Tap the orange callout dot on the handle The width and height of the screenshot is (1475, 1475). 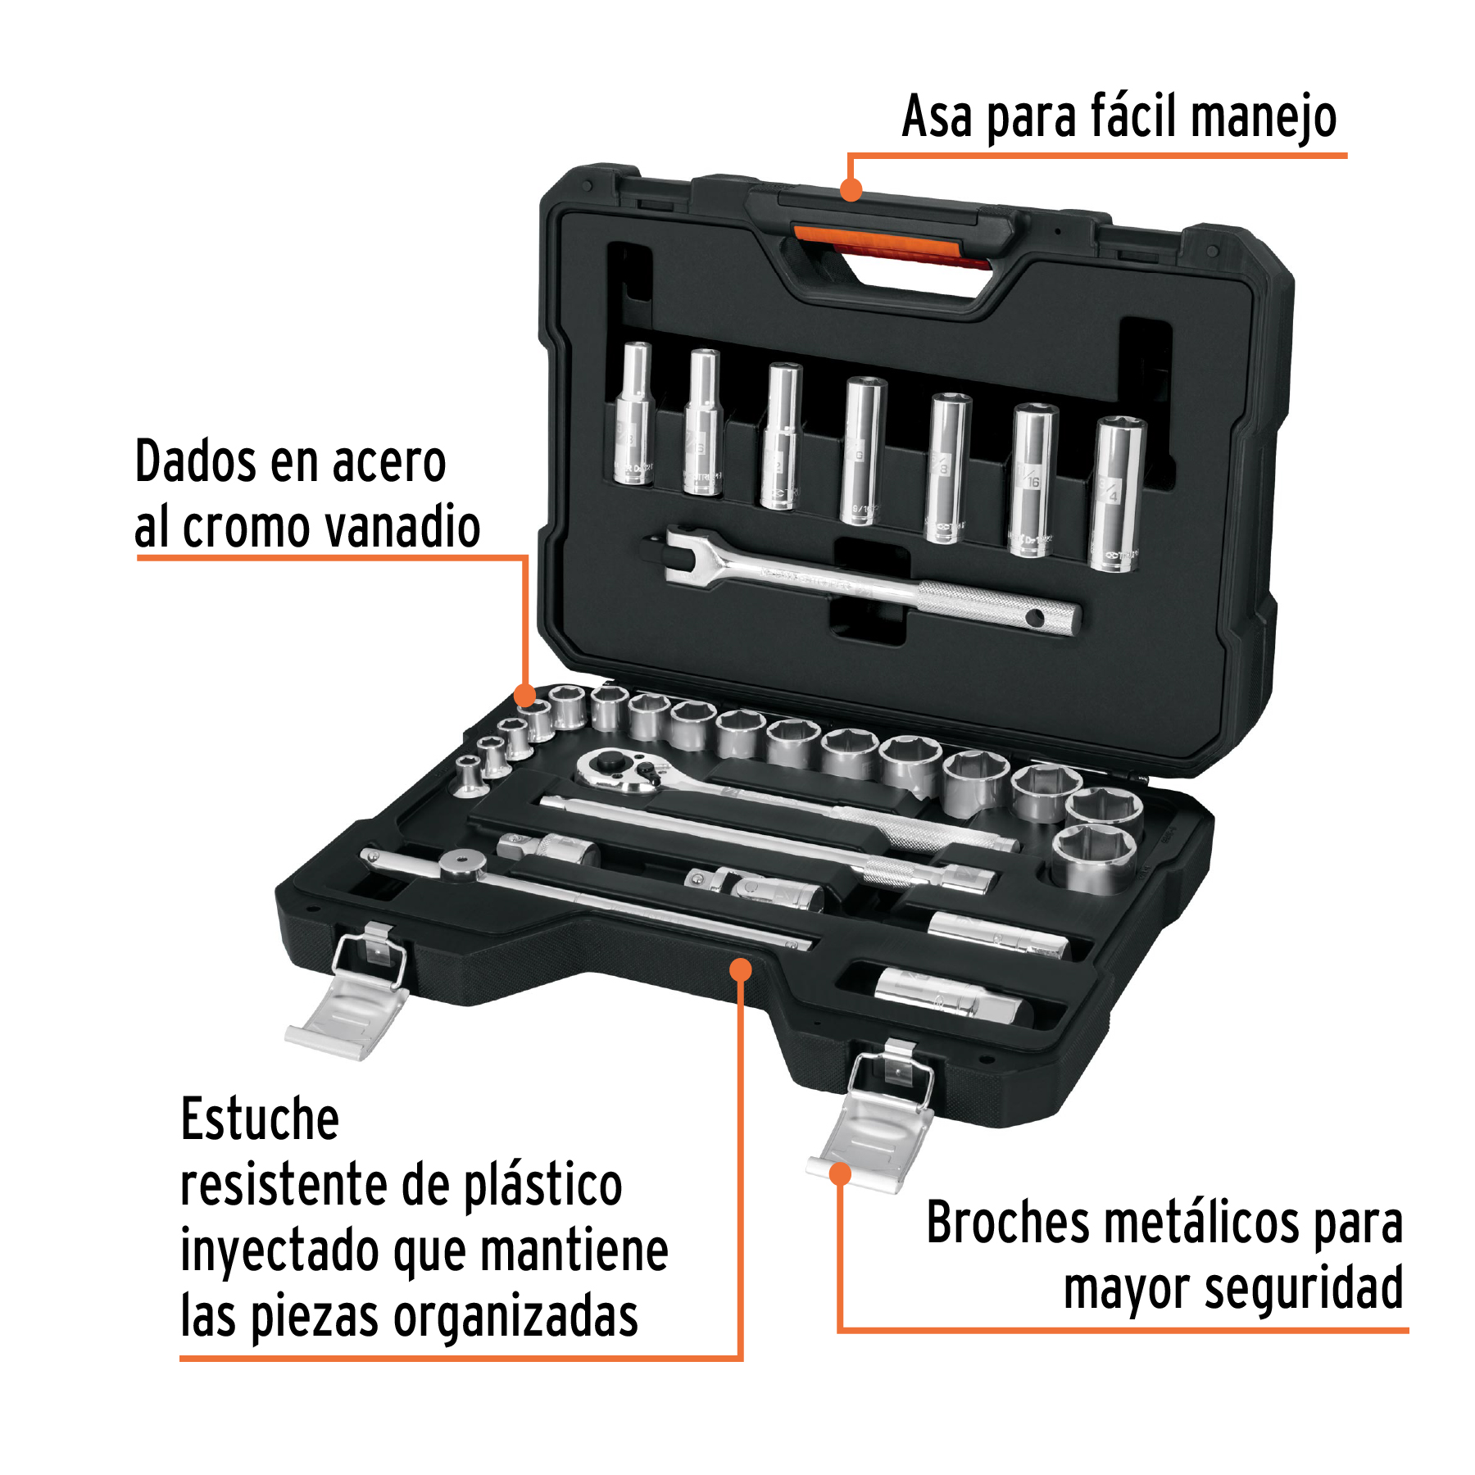tap(851, 190)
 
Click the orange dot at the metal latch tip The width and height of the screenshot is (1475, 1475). tap(840, 1173)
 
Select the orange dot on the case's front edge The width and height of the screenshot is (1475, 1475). tap(740, 970)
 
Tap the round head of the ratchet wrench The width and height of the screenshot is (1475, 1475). tap(619, 770)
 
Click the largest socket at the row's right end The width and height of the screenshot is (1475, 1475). tap(1094, 856)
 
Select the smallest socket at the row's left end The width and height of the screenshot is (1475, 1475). tap(468, 774)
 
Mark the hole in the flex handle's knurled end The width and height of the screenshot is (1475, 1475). tap(1035, 619)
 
